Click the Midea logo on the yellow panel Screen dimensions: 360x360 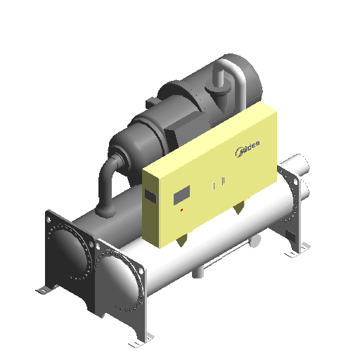click(x=247, y=148)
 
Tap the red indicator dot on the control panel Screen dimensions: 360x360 click(x=181, y=210)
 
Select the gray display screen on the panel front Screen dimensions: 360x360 click(x=181, y=195)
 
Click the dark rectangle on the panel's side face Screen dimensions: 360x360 click(x=150, y=196)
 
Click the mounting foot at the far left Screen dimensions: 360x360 click(x=44, y=290)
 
